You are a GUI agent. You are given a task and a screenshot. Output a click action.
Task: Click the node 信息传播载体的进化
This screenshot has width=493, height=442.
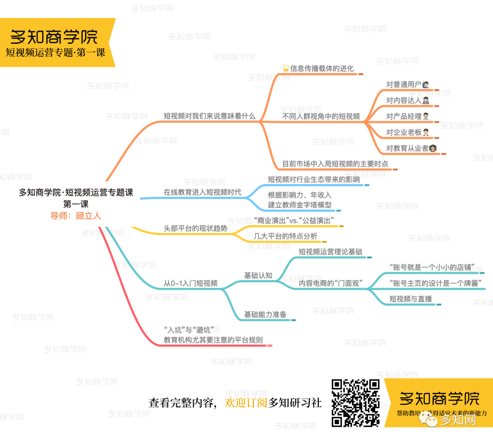(x=321, y=68)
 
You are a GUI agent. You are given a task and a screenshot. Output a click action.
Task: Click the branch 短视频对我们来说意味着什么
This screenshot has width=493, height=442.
(x=210, y=116)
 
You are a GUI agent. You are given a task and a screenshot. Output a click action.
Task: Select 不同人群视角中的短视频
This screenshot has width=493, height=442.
(x=321, y=116)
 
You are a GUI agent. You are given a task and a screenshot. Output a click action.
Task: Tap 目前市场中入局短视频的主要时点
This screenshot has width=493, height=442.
(x=335, y=163)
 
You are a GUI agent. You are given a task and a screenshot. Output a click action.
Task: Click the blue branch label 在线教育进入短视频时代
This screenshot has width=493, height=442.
(x=202, y=192)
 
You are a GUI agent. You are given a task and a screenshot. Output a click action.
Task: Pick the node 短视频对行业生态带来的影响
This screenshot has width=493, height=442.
(x=314, y=179)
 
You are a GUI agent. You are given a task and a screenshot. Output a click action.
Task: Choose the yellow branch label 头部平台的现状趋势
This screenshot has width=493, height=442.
(x=195, y=228)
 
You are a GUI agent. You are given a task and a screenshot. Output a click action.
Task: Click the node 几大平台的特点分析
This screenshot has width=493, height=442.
(x=285, y=237)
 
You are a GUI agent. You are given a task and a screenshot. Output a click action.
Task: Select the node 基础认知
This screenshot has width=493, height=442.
(x=258, y=275)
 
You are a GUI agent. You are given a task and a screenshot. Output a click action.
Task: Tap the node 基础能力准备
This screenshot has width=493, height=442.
(x=265, y=314)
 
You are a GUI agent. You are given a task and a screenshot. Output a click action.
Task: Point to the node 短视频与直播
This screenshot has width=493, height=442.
(x=410, y=299)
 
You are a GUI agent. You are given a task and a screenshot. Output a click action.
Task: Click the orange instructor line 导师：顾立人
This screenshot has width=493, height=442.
(x=76, y=216)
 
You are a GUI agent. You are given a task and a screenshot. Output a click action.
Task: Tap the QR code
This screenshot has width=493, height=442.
(x=356, y=403)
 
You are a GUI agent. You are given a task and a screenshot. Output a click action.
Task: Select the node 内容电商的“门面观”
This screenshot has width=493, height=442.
(x=330, y=284)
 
